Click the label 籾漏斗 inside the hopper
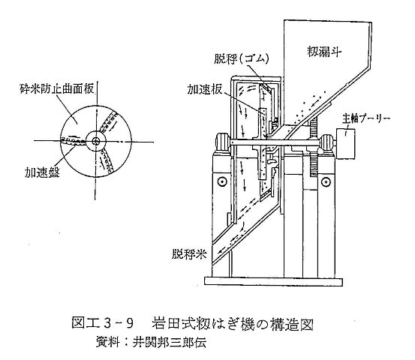(324, 52)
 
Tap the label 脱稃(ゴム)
(241, 59)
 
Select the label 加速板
(204, 90)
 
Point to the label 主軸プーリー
(365, 118)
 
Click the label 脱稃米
(188, 254)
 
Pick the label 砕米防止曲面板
(57, 89)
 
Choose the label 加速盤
(42, 172)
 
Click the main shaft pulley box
(345, 143)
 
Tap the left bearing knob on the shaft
(223, 142)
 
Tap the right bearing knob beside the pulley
(326, 143)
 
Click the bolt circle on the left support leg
(222, 181)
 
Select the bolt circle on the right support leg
(326, 181)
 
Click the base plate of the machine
(273, 281)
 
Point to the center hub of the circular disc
(96, 141)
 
